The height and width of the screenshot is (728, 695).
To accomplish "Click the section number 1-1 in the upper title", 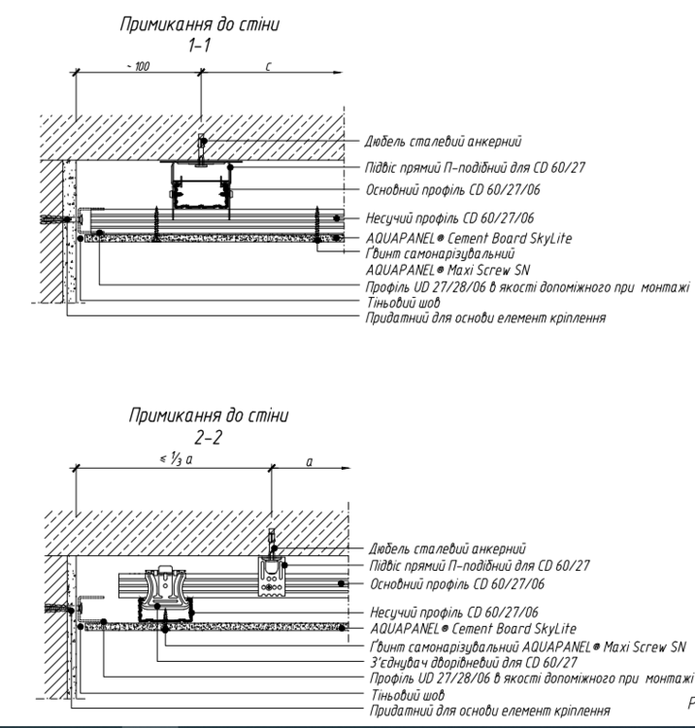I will (199, 45).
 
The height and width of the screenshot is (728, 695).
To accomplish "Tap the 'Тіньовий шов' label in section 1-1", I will (399, 302).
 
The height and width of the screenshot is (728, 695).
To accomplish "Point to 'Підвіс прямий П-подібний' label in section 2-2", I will (480, 565).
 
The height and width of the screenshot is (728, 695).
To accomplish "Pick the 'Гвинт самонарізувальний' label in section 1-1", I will (422, 255).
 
